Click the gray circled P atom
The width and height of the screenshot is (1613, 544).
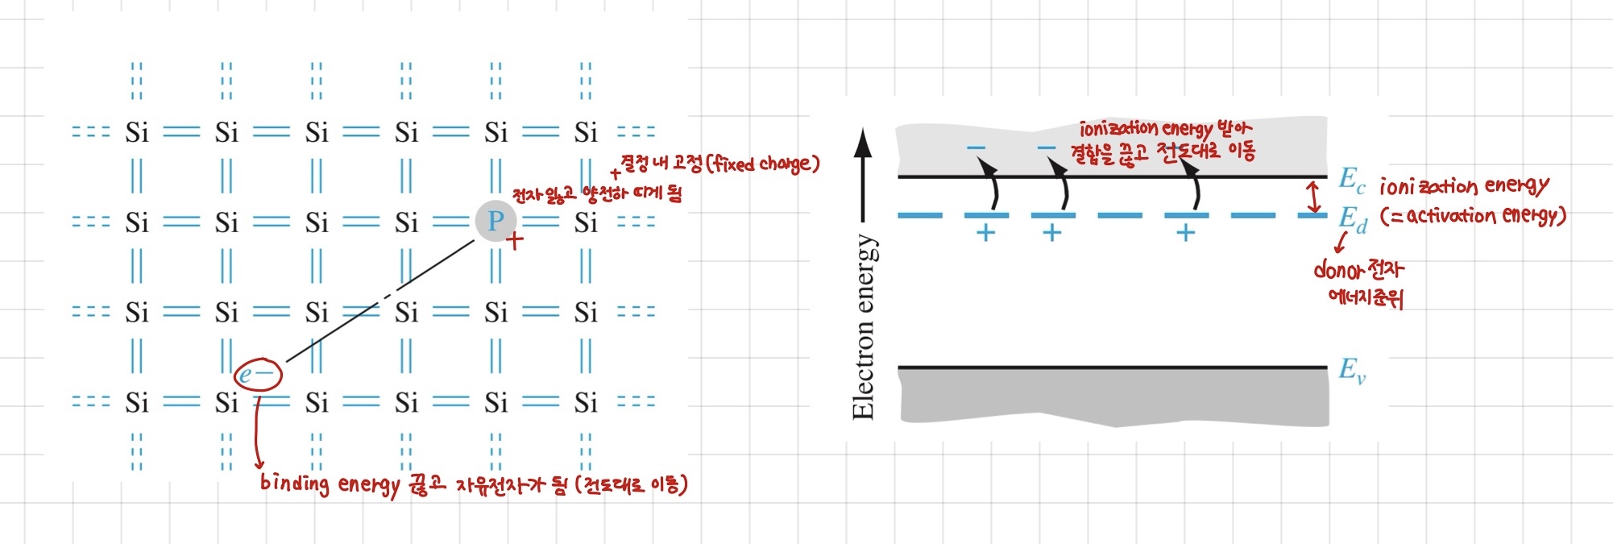click(x=495, y=221)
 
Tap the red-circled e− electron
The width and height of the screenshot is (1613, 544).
click(x=257, y=374)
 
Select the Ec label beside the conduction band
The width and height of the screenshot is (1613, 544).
click(x=1351, y=180)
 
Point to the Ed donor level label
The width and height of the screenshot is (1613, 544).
click(x=1352, y=219)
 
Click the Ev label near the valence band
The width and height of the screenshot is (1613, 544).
click(x=1351, y=371)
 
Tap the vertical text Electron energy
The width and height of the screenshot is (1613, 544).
click(x=863, y=326)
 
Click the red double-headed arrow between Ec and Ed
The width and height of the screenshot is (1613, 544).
click(x=1314, y=197)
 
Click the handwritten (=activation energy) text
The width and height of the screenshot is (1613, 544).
click(x=1472, y=216)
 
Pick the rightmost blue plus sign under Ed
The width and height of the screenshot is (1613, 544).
click(x=1185, y=234)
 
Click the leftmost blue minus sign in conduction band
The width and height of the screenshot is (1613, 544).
click(x=976, y=147)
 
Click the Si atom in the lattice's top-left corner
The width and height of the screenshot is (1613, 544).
click(x=137, y=132)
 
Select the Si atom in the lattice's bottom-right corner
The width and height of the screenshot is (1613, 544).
click(x=586, y=402)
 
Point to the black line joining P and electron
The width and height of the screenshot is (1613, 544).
click(x=379, y=302)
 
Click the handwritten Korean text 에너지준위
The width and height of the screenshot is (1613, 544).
click(x=1365, y=297)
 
